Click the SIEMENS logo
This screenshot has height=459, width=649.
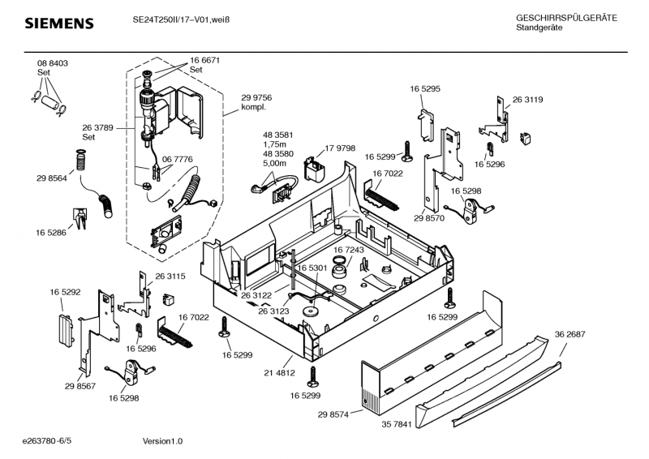[59, 24]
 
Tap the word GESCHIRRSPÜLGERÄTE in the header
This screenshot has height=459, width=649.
[566, 18]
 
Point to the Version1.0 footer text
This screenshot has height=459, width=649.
[162, 441]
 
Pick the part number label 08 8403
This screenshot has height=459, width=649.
[52, 63]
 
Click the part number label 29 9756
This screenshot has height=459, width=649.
[256, 97]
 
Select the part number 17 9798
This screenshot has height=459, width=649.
[341, 148]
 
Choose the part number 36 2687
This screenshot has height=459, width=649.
[569, 334]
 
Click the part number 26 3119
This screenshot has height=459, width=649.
[527, 100]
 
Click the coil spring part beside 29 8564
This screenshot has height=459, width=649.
[80, 160]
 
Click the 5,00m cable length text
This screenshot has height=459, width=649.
[276, 163]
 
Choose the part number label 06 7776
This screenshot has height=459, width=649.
[177, 160]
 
